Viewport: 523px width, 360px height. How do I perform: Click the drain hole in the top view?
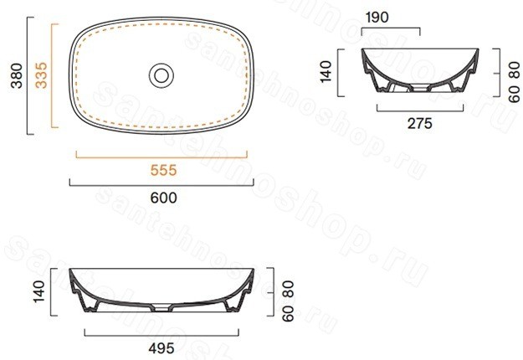[162, 75]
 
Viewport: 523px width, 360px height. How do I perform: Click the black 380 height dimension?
[17, 75]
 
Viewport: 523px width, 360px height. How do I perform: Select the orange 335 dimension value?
[41, 75]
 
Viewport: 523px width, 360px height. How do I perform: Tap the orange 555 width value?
[163, 170]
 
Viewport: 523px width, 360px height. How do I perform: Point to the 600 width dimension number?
[163, 198]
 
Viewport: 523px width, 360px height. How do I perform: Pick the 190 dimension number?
[377, 18]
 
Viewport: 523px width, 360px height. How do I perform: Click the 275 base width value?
[419, 123]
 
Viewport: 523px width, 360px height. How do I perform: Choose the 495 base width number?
[162, 348]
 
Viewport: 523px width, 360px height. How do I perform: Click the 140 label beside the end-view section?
[326, 71]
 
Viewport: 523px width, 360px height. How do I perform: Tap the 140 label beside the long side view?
[39, 291]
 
